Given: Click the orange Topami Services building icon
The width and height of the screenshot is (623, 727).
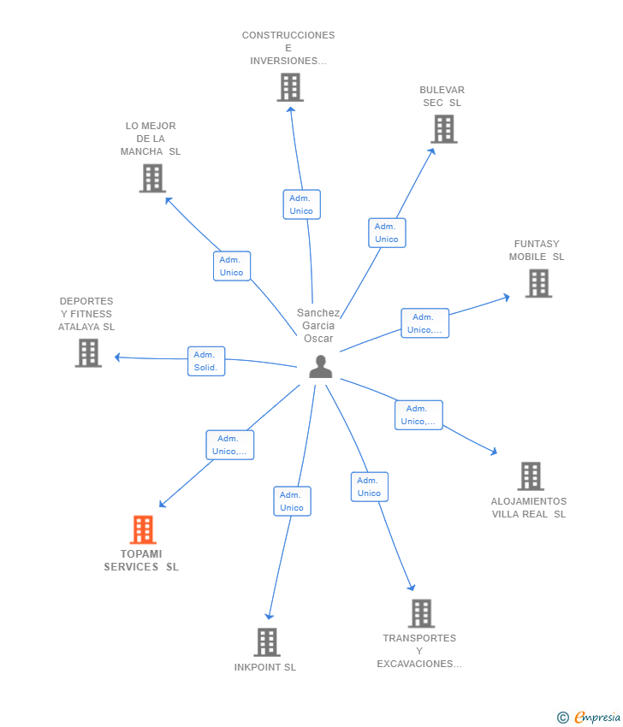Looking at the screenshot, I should [143, 530].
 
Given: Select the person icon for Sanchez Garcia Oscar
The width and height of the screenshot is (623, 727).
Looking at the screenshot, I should [320, 367].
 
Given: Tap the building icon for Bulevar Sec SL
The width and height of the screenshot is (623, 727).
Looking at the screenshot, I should [443, 129].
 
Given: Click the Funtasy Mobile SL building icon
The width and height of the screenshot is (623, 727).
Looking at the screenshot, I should [538, 283].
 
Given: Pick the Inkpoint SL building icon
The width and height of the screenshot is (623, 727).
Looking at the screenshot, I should [267, 642].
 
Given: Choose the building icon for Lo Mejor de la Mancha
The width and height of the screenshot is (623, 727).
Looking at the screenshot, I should [152, 178].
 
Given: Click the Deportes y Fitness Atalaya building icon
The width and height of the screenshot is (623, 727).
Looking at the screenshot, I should [88, 352].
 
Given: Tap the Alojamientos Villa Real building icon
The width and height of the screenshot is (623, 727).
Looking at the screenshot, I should [531, 476].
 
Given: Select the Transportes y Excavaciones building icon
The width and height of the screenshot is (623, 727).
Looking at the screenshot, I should [421, 613].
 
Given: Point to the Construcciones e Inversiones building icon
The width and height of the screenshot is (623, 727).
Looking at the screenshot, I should [290, 87].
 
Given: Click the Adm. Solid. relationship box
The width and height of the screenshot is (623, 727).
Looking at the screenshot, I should [206, 361].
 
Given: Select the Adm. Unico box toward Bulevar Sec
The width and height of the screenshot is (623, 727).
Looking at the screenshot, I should [387, 233].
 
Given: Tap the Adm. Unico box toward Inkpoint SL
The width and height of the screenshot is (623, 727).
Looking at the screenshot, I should [292, 501].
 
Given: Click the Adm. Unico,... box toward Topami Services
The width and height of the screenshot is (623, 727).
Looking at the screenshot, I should [229, 445].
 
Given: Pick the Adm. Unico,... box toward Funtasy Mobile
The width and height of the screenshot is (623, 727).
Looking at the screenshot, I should [424, 323].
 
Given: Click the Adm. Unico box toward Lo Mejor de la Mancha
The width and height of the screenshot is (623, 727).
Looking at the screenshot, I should [231, 266].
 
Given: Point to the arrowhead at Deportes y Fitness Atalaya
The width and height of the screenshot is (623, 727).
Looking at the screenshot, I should [118, 358].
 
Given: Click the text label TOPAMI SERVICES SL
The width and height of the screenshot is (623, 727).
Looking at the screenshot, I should [141, 560].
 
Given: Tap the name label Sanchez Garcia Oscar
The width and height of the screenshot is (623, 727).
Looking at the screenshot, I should [318, 326].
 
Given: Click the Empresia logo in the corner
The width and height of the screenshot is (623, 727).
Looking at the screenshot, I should [589, 718].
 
